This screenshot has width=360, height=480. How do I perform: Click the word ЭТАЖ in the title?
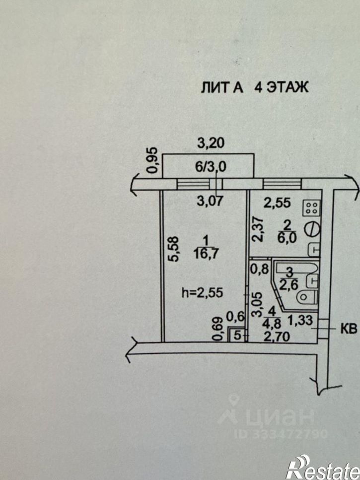click(x=287, y=87)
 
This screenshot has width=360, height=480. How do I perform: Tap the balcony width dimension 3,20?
click(x=211, y=143)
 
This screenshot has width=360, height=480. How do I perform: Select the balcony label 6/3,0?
click(x=211, y=167)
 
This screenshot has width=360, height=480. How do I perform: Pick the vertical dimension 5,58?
click(x=174, y=248)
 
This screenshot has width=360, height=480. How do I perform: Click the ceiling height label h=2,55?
click(x=203, y=293)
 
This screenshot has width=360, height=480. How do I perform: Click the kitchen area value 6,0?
click(x=287, y=238)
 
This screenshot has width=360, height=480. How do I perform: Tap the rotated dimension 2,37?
click(x=257, y=229)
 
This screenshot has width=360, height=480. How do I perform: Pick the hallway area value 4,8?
click(x=271, y=323)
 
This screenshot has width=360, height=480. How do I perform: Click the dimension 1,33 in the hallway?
click(x=300, y=321)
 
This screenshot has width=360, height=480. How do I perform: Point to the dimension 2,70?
click(x=276, y=337)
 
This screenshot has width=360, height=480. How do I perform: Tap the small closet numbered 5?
click(x=237, y=336)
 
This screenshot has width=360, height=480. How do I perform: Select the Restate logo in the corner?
click(x=323, y=467)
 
